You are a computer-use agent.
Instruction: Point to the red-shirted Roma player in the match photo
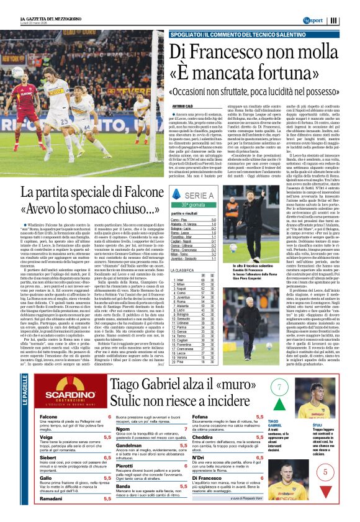pyautogui.click(x=24, y=106)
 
